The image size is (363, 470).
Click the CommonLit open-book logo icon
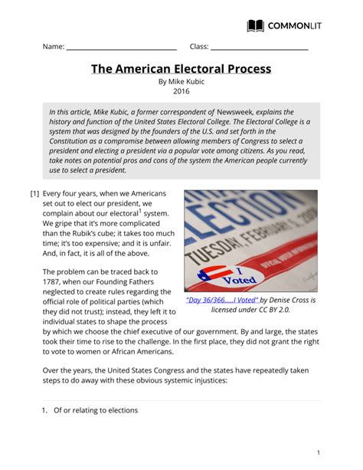tap(256, 25)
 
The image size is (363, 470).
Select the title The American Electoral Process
tap(181, 69)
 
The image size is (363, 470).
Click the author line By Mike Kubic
tap(181, 81)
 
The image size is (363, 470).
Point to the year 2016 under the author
tap(181, 91)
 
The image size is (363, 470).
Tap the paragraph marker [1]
tap(34, 194)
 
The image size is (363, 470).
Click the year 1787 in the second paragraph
tap(54, 282)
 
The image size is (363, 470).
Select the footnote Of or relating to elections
tap(95, 410)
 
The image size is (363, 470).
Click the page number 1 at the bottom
tap(319, 452)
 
